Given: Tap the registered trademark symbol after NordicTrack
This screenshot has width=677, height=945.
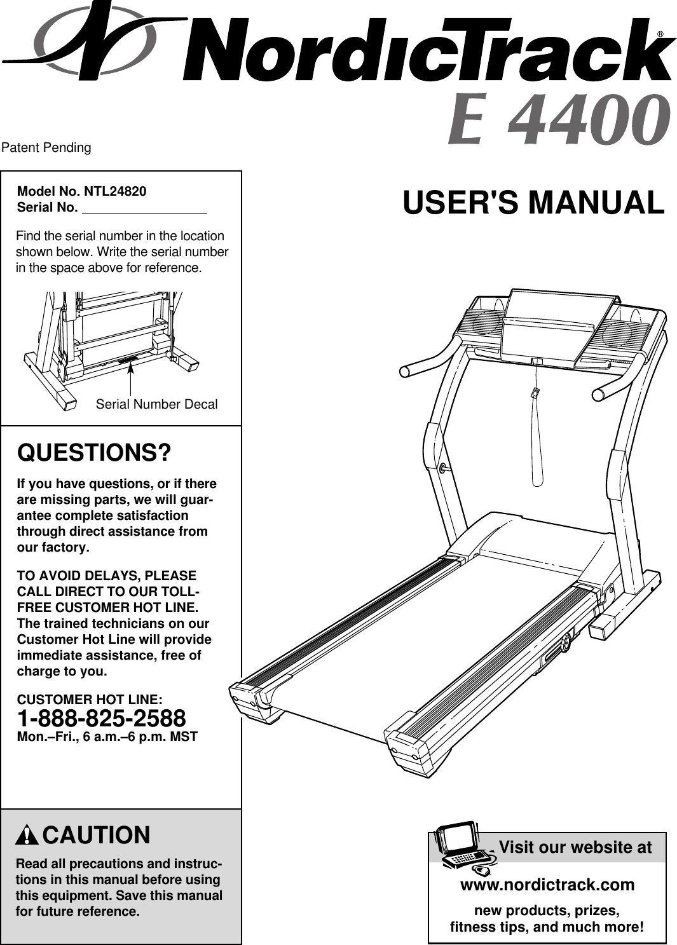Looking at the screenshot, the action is point(661,34).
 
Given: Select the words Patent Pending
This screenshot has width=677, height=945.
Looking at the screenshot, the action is point(46,148).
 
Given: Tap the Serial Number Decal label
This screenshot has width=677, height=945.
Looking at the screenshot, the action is point(156,405).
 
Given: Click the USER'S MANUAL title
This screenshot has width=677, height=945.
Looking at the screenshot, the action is point(533,203).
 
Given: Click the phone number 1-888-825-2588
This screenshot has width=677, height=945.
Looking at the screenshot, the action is point(102,719).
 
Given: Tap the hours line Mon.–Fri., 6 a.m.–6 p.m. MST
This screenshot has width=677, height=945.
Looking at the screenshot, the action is point(107,737).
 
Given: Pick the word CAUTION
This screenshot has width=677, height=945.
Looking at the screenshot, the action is point(97,835).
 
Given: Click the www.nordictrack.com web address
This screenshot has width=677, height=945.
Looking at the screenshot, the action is point(547,885).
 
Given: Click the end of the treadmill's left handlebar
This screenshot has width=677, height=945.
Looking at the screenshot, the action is point(405,371).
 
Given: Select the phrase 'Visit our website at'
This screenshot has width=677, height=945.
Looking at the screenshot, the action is point(575,848).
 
